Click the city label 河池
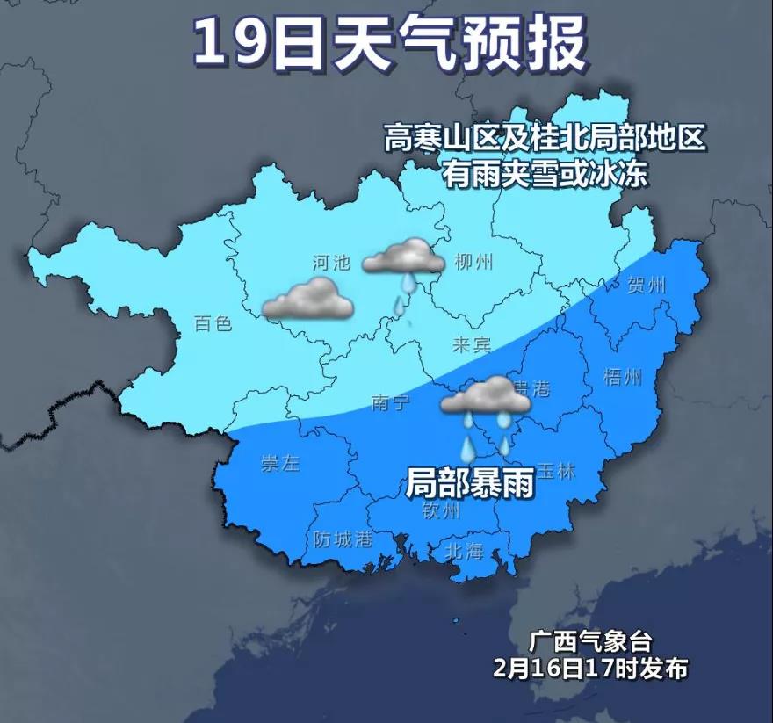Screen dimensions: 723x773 click(x=331, y=262)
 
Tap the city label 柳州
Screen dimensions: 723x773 click(x=474, y=262)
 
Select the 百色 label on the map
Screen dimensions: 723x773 click(x=213, y=324)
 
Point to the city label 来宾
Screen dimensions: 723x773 click(x=472, y=344)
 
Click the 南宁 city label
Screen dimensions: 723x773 click(x=391, y=402)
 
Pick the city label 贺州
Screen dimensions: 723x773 click(x=647, y=285)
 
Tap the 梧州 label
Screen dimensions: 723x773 click(x=623, y=377)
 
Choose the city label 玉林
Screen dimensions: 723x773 click(x=555, y=471)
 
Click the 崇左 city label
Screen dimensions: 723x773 click(x=280, y=464)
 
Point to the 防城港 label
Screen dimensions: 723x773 click(x=343, y=539)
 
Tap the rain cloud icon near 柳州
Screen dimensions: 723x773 click(x=404, y=257)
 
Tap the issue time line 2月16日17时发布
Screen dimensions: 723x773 click(x=590, y=669)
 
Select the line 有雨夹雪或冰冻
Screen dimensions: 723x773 click(x=545, y=174)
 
